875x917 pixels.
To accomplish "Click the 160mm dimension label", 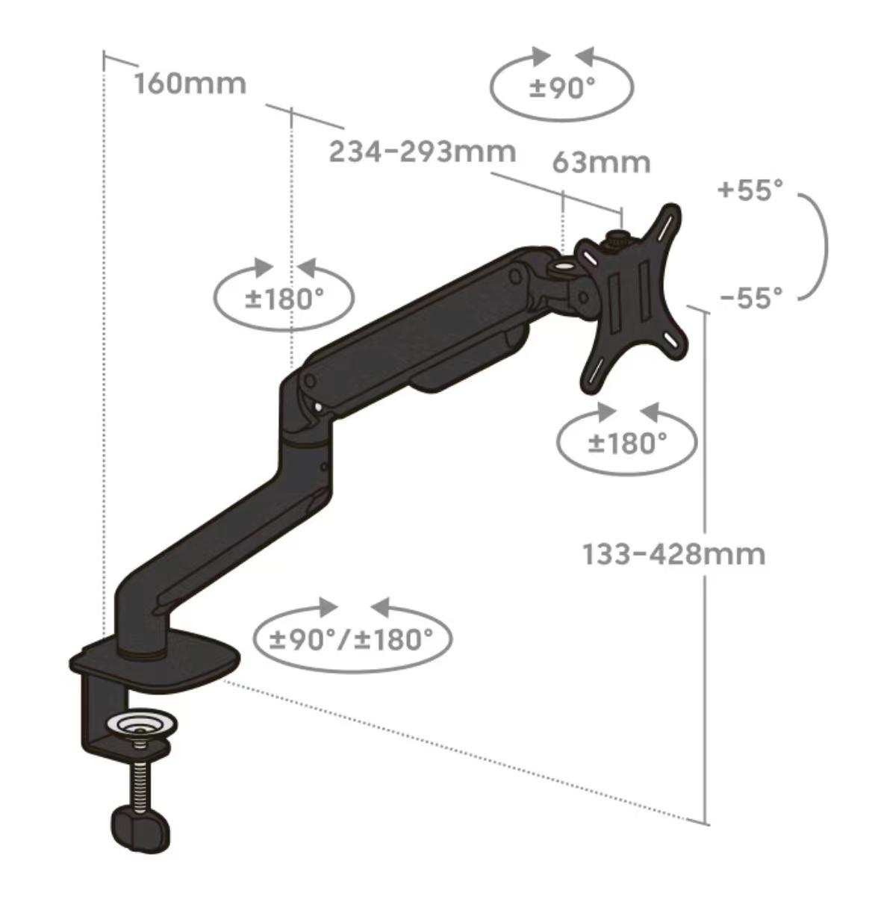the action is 190,84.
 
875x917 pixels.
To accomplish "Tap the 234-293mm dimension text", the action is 423,152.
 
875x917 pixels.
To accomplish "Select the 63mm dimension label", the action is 601,163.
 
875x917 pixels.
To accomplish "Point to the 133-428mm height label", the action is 674,555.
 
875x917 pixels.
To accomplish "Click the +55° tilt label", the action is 751,190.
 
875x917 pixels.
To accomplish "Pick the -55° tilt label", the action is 751,298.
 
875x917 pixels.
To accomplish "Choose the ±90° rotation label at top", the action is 562,88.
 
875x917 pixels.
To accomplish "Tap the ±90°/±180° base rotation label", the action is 351,639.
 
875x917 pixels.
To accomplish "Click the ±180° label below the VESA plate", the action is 627,443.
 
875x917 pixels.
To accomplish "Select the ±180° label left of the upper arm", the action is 284,299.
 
